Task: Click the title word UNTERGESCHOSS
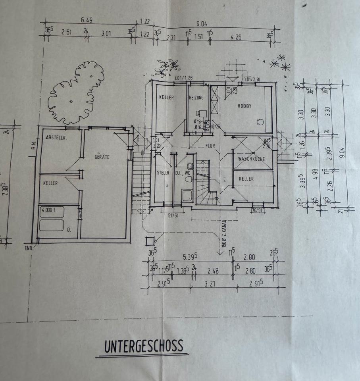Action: (144, 346)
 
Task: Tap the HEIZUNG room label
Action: (196, 98)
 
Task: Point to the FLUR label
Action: (210, 146)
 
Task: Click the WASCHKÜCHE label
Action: (251, 159)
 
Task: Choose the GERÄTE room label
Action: (102, 157)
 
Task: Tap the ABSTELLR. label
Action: (56, 138)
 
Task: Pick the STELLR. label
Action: (164, 173)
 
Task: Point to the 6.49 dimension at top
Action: (87, 20)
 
